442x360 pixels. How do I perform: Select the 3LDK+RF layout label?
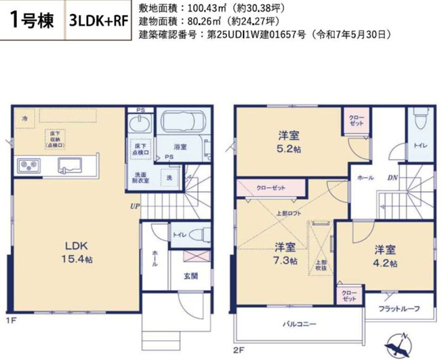click(98, 21)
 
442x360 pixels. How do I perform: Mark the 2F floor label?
click(237, 350)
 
